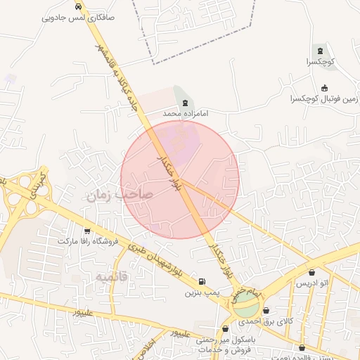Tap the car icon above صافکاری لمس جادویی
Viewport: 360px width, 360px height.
(86, 5)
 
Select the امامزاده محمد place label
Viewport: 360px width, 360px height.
(185, 113)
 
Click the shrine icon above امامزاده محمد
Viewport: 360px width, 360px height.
(185, 103)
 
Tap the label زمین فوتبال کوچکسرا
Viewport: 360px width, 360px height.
(324, 99)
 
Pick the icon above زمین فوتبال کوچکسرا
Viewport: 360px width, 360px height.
(324, 88)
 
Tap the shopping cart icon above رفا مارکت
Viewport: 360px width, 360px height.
(87, 231)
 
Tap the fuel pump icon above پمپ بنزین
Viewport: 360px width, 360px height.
(202, 281)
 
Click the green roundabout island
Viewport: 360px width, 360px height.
(247, 307)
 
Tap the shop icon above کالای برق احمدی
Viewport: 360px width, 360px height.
(266, 310)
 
